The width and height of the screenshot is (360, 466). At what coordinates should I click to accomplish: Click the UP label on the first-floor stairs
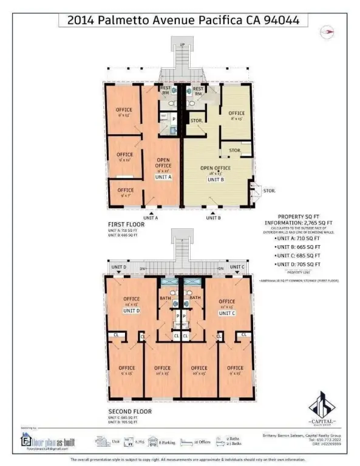(x=182, y=44)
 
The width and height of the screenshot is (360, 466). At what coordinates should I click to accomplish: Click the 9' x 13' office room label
(x=124, y=112)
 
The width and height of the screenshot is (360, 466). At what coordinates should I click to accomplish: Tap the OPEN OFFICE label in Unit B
(x=216, y=169)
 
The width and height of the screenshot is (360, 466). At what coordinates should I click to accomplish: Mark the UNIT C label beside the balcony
(x=239, y=267)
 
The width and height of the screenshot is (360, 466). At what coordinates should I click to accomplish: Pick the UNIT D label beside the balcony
(x=120, y=267)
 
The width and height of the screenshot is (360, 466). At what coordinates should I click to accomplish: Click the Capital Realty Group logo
(x=322, y=408)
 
